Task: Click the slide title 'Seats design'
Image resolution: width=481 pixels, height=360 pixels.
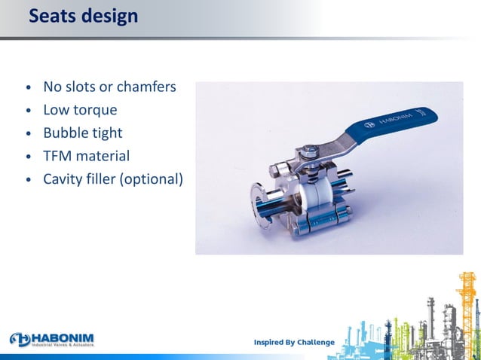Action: click(x=83, y=15)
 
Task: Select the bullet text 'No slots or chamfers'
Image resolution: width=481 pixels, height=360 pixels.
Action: click(x=109, y=87)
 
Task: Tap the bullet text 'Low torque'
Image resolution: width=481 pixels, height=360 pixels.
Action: click(x=80, y=110)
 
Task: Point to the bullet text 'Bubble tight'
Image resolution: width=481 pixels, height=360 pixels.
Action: click(x=82, y=133)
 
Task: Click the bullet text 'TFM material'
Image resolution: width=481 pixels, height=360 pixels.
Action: click(x=86, y=157)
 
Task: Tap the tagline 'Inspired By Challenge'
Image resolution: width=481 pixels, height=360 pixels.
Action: click(x=294, y=343)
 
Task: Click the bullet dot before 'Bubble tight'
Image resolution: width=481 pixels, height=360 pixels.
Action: click(x=29, y=134)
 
